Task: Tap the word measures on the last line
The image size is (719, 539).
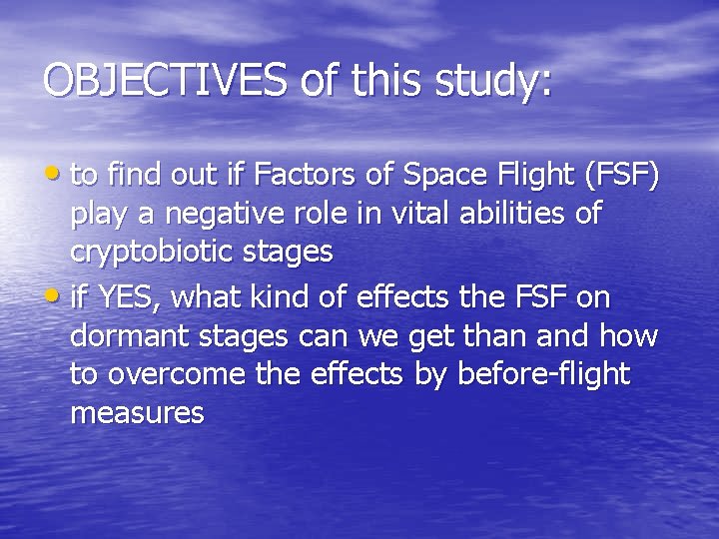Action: tap(137, 412)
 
